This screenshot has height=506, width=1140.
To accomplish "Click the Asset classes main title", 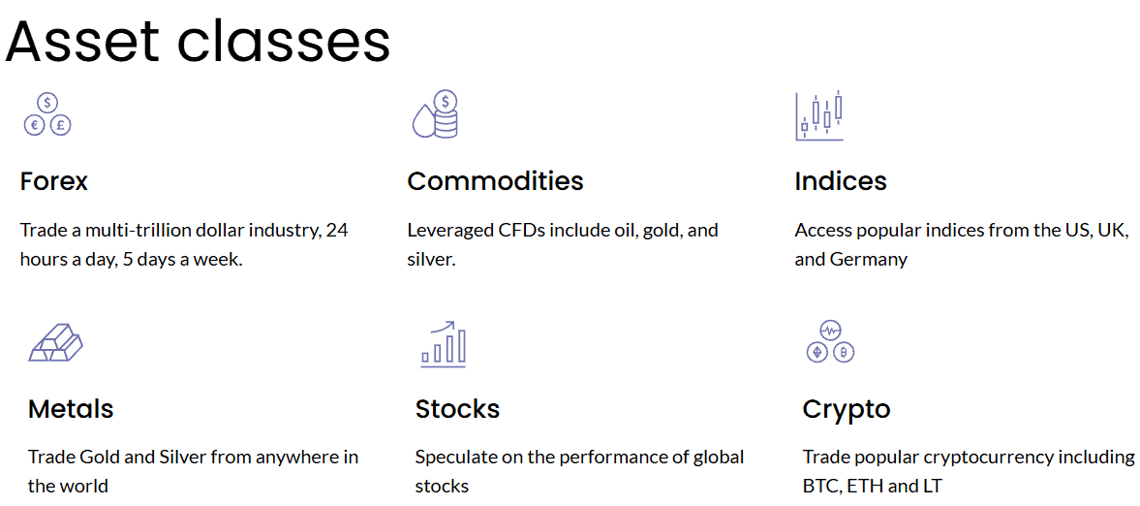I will tap(198, 41).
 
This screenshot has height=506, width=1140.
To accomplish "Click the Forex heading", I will tap(54, 181).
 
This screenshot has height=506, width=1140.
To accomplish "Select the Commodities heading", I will tap(495, 181).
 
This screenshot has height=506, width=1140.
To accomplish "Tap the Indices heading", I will tap(841, 181).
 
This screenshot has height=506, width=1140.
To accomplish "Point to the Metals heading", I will tap(71, 409).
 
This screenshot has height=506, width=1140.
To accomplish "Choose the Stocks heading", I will tap(457, 409).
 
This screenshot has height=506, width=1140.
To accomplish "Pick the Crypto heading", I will tap(847, 410).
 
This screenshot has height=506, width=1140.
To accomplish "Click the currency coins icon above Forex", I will tap(47, 114).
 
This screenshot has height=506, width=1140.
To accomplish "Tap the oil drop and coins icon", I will tap(435, 114).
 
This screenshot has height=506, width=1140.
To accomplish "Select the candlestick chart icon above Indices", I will tap(819, 116).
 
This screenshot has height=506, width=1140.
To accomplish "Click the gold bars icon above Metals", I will tap(55, 342).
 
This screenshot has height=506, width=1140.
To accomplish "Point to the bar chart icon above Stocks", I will tap(444, 344).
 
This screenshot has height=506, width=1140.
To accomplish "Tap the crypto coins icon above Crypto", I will tap(830, 341).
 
